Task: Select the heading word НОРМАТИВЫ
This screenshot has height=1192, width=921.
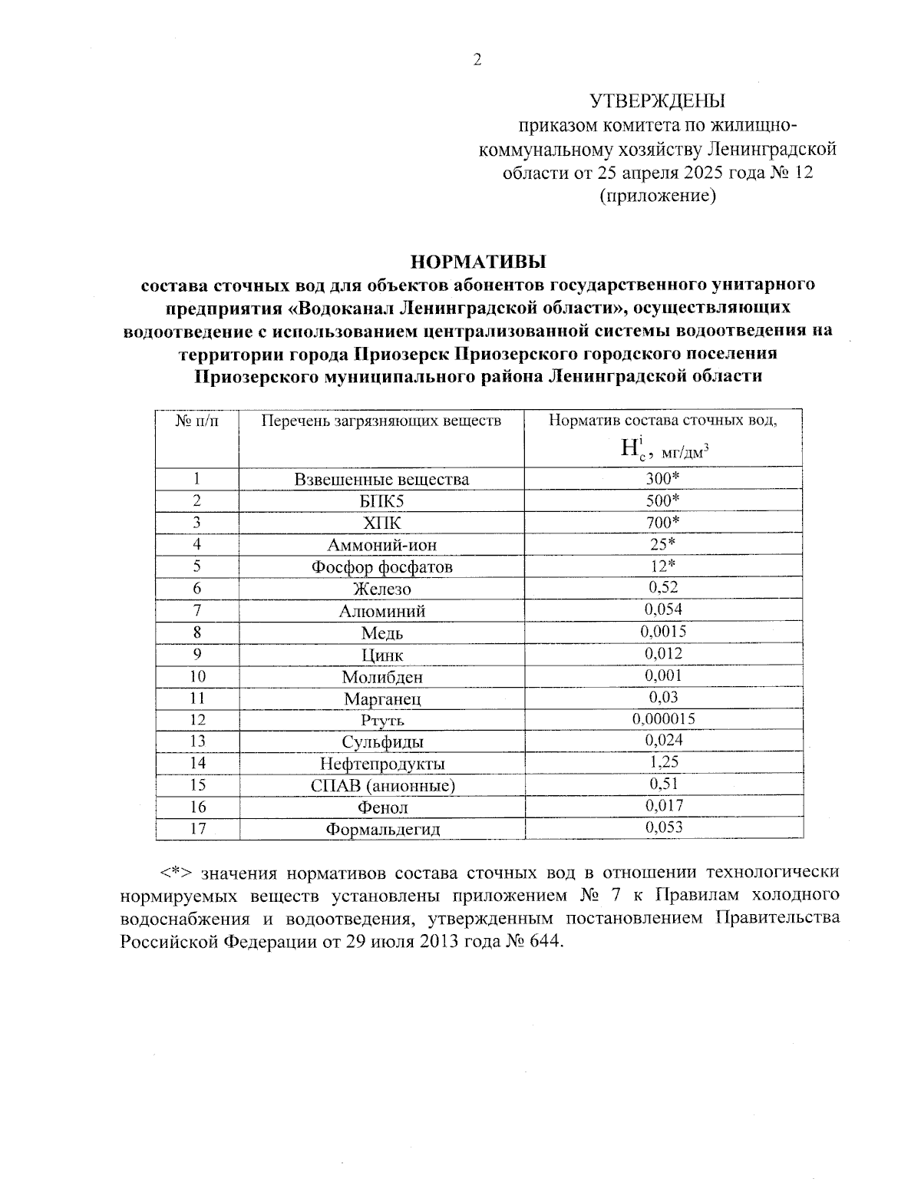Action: point(478,262)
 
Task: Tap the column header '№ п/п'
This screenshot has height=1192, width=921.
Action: point(196,421)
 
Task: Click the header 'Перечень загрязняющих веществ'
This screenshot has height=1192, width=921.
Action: point(381,421)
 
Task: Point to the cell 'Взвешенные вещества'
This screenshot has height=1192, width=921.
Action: point(381,480)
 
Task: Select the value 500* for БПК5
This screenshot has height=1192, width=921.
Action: point(663,500)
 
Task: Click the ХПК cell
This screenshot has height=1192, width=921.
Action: point(381,523)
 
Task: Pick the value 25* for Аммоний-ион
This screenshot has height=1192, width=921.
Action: point(663,544)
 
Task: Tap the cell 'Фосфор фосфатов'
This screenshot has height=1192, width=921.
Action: point(381,567)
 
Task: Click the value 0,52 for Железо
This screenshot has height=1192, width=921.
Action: point(663,588)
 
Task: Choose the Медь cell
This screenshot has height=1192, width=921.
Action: point(381,633)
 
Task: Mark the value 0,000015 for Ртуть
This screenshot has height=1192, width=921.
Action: point(663,719)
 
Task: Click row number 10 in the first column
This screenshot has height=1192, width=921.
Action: point(197,676)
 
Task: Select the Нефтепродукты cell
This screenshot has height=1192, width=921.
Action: point(381,764)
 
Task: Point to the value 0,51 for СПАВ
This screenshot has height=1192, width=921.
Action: point(663,784)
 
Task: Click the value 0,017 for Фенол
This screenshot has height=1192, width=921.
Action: point(663,806)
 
